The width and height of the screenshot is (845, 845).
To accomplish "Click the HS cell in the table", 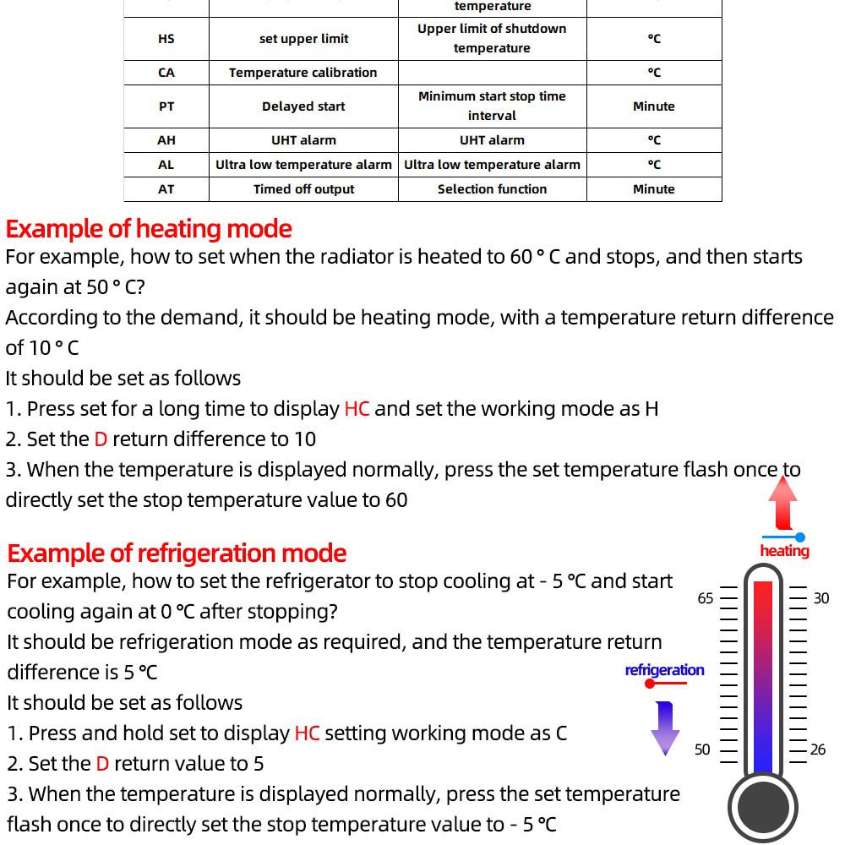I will [x=166, y=39].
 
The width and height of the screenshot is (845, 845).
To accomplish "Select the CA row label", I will [x=166, y=73].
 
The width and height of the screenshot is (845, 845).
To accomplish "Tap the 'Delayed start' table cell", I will [x=303, y=106].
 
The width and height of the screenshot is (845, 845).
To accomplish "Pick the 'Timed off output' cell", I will [x=303, y=189].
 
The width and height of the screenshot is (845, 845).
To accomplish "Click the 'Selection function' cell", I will [x=492, y=189].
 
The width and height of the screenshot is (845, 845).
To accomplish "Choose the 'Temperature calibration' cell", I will [x=303, y=73].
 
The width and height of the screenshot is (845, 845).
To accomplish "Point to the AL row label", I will [x=166, y=165].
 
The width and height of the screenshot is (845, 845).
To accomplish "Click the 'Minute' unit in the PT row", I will [x=653, y=106].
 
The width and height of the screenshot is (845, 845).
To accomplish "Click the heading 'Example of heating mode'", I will [x=149, y=229].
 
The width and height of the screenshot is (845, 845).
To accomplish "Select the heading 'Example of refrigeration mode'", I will [x=177, y=553].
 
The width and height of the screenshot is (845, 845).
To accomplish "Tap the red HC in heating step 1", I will [x=357, y=409].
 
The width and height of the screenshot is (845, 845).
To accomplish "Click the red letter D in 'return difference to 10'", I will [x=101, y=439].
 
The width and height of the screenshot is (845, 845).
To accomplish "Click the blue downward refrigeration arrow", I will [x=665, y=727].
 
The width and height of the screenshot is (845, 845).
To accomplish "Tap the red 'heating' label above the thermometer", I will [x=784, y=551].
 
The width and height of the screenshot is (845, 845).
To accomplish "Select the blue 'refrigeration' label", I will [x=664, y=670].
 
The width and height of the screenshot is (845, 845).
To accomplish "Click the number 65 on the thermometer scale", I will [x=706, y=598].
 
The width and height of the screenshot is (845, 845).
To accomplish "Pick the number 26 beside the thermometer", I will [x=817, y=750].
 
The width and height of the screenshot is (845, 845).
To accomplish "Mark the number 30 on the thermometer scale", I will [x=820, y=598].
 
